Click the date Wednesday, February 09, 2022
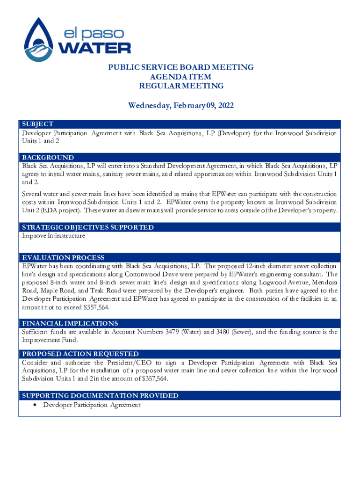(180, 106)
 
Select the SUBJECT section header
(37, 124)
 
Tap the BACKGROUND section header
(48, 158)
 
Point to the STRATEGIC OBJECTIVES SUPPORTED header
(87, 227)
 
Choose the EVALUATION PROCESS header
(63, 258)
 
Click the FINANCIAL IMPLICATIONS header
(70, 323)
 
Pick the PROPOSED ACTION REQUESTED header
(80, 354)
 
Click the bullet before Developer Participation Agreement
(36, 405)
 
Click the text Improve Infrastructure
(53, 236)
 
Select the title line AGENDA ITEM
(180, 77)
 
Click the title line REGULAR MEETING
(181, 86)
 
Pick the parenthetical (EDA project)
(56, 210)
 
